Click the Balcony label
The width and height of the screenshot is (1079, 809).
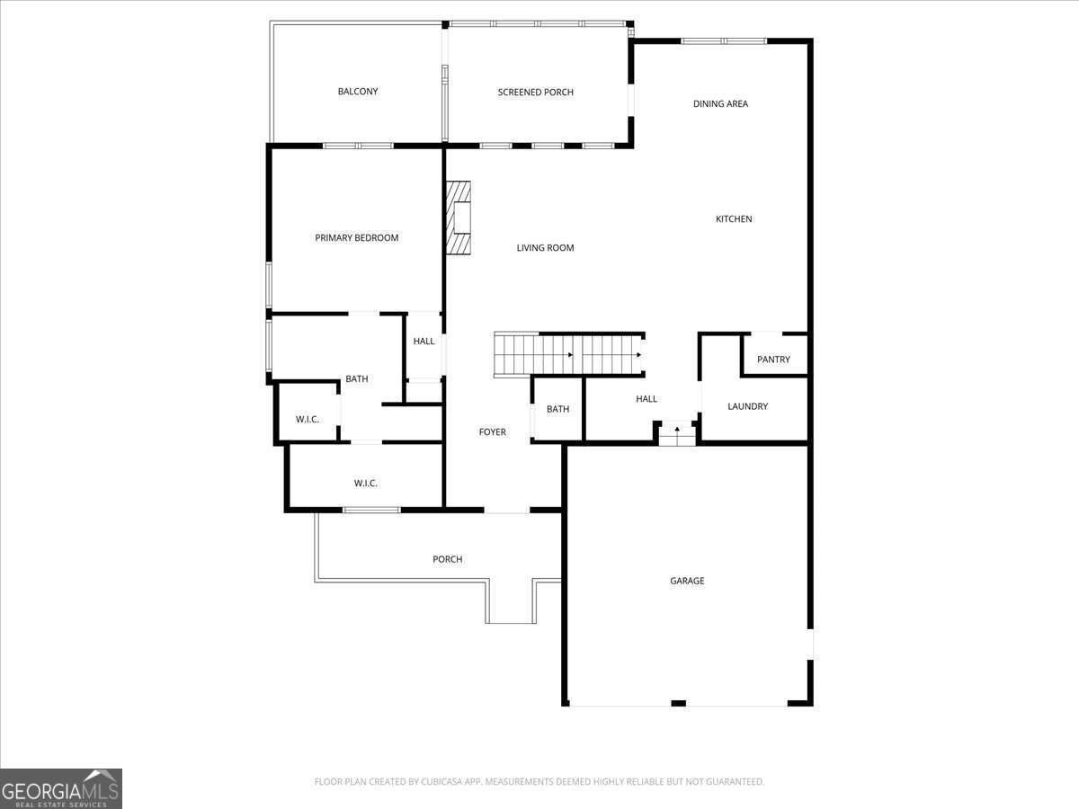(357, 92)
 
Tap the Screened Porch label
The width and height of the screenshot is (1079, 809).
(535, 93)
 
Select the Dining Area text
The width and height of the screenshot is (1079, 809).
(720, 103)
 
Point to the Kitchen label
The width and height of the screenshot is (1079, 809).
(734, 219)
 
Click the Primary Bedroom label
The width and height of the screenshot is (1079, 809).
(356, 238)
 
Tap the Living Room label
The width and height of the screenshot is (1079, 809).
(545, 248)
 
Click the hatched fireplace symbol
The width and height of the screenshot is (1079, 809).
(459, 218)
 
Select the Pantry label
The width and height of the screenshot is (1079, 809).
(773, 360)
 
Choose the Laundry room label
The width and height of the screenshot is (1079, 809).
(747, 406)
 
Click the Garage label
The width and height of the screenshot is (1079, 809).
(687, 581)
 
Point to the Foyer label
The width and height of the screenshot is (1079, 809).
(492, 432)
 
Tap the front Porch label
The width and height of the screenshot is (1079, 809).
(447, 559)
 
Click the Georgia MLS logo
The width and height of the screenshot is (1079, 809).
(61, 788)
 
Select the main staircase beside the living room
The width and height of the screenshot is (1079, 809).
(569, 355)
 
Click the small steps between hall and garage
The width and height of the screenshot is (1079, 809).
(677, 434)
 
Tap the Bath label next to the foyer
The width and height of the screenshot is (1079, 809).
(558, 409)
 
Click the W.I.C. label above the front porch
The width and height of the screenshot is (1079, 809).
(365, 484)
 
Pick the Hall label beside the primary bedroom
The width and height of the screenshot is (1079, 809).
(424, 342)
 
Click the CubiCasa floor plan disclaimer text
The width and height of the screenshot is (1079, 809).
(539, 781)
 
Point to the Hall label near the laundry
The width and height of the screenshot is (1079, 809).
(647, 399)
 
